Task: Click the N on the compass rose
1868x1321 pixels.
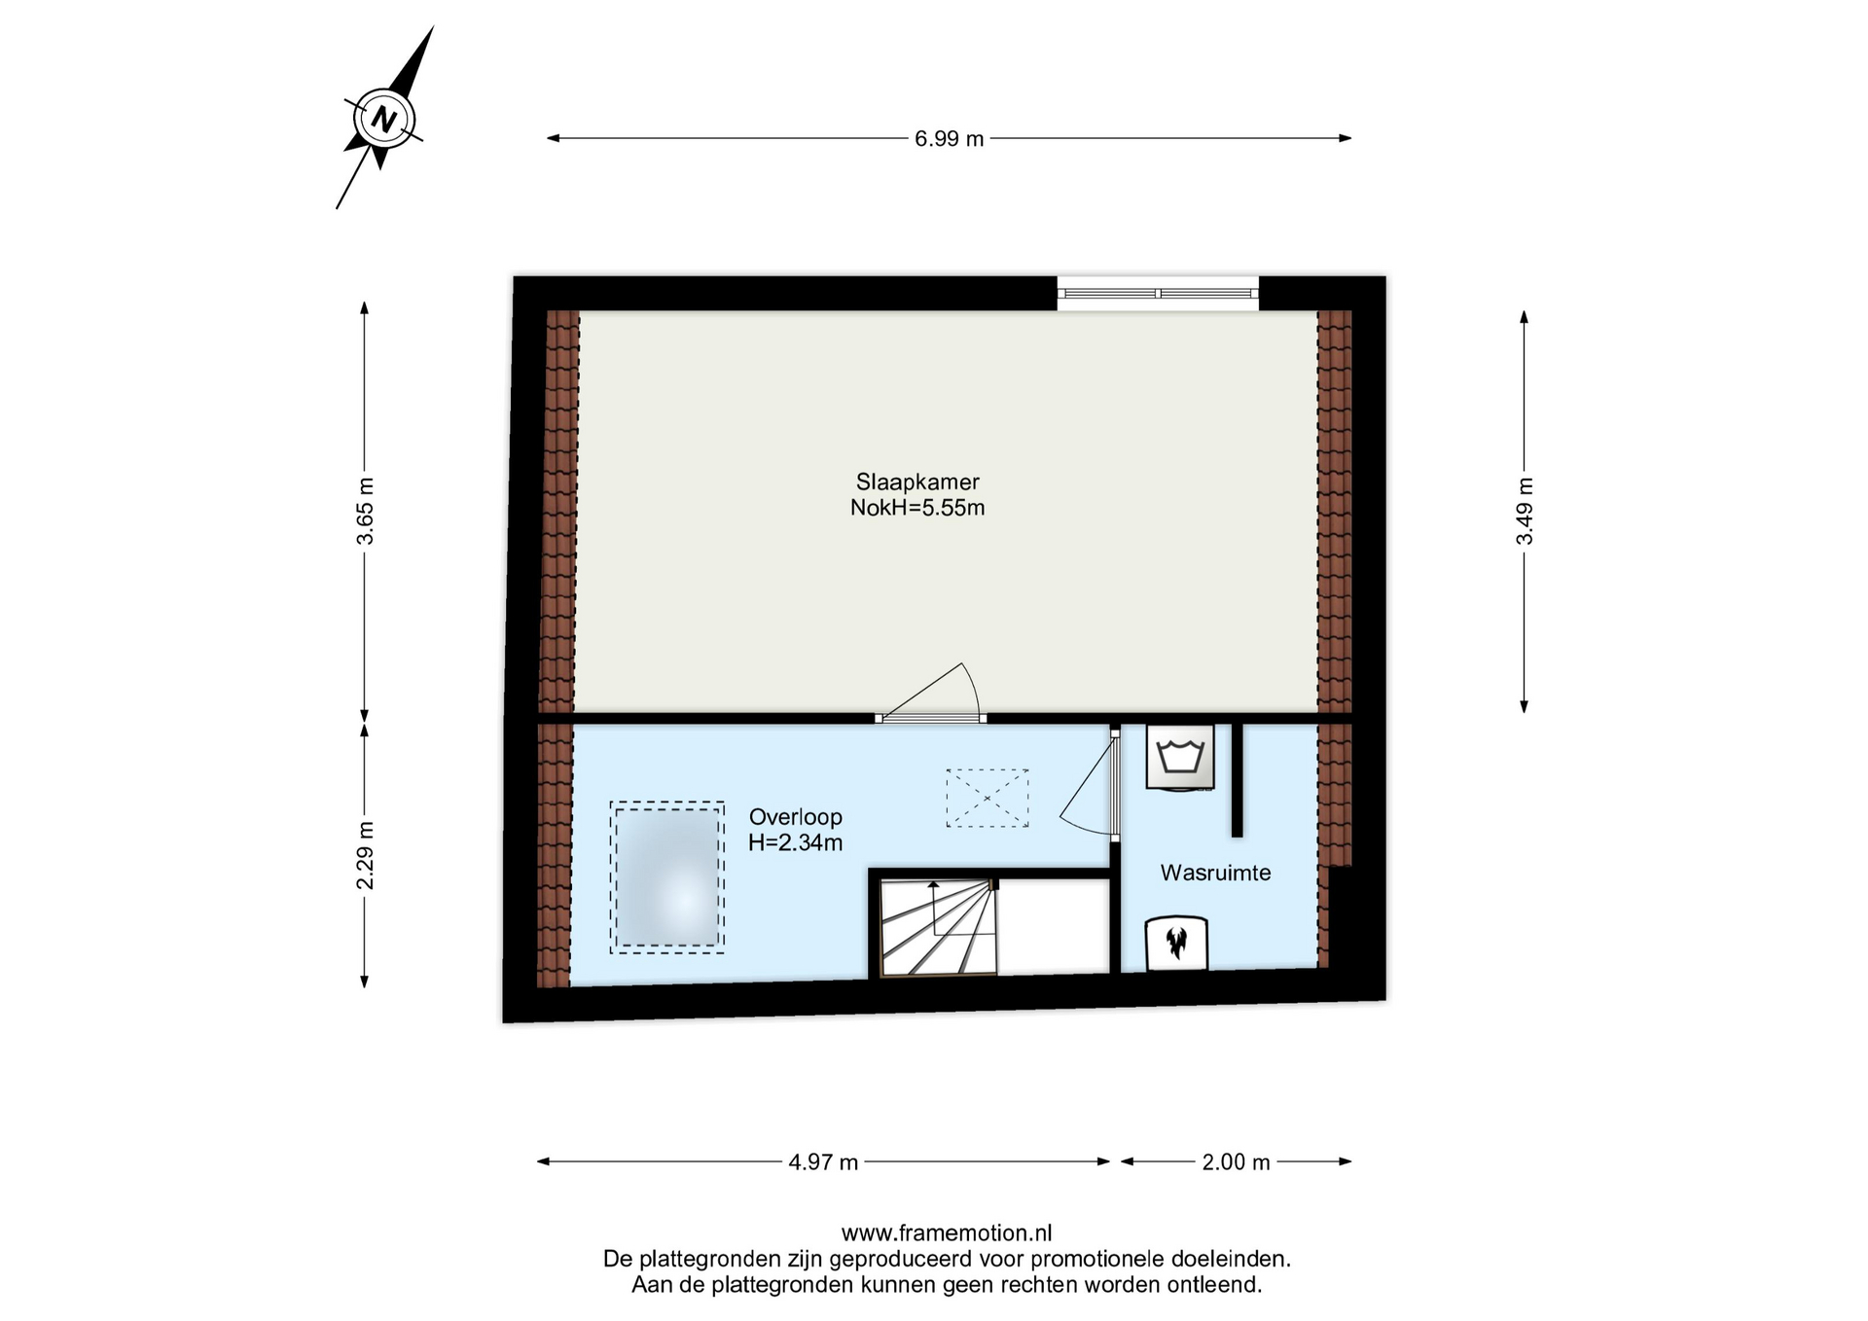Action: [384, 120]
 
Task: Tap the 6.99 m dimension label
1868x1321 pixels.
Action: [949, 139]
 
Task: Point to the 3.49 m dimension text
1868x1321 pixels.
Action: [1525, 511]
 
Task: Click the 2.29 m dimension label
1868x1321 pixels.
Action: [365, 855]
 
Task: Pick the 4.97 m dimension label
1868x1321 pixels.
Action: [823, 1161]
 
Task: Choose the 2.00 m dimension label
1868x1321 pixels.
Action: [1236, 1161]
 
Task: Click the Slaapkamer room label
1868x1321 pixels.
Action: [917, 482]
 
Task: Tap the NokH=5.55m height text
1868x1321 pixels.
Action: [917, 508]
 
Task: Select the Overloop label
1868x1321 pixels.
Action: [795, 817]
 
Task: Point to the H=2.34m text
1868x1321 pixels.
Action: [795, 843]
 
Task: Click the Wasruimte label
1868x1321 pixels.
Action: [1215, 873]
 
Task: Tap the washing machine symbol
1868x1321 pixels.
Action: [1180, 756]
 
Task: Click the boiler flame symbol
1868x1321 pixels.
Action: [1176, 944]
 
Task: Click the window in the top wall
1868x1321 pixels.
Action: [1158, 293]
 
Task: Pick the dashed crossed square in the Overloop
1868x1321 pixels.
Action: [988, 798]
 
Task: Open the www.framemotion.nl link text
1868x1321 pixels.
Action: [947, 1233]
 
